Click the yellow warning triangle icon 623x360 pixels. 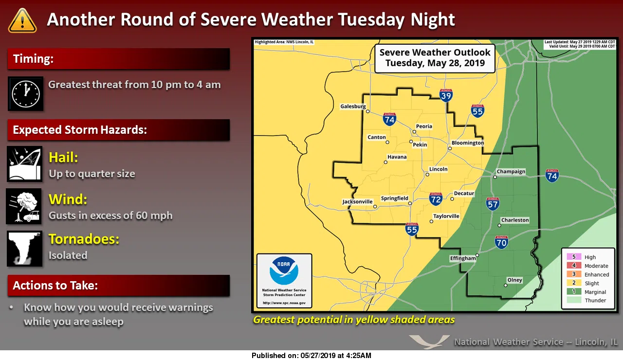(22, 20)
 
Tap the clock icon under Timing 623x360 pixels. (25, 93)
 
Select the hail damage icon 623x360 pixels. (24, 164)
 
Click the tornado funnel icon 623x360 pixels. (24, 249)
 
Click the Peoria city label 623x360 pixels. (424, 126)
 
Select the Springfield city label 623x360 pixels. (394, 198)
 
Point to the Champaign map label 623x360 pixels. (511, 172)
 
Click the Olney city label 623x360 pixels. (514, 280)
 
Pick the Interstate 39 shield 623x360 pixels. (446, 95)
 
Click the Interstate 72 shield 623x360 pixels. (436, 198)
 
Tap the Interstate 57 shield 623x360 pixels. (493, 204)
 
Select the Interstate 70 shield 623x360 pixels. (501, 242)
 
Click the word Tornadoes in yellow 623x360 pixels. (84, 239)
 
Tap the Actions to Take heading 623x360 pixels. (55, 286)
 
